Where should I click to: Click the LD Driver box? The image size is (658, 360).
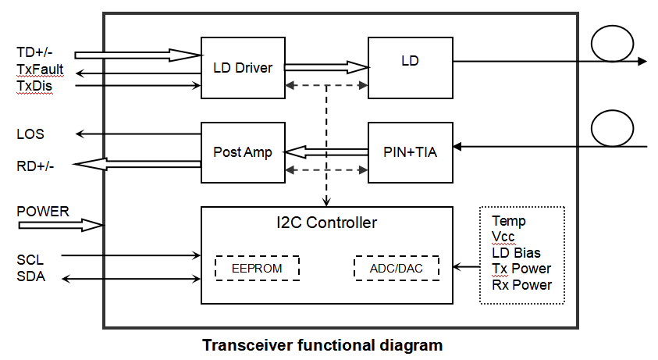pos(242,68)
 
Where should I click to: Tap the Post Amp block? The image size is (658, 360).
pos(242,152)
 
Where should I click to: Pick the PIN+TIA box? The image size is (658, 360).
pos(410,152)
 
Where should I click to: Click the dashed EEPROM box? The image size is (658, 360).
pos(257,269)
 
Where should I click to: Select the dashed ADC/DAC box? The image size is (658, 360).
pos(397,269)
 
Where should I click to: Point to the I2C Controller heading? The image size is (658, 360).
pos(326,223)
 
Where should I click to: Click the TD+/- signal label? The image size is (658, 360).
pos(34,53)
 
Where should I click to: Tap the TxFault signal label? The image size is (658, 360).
pos(40,70)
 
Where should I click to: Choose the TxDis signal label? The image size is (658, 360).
pos(34,85)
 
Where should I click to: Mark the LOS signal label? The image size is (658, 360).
pos(30,134)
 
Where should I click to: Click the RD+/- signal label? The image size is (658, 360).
pos(35,166)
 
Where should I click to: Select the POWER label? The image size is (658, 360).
pos(43,212)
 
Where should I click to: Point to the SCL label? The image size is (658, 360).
pos(30,259)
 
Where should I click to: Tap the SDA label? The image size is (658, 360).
pos(30,277)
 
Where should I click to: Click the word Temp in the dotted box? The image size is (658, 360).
pos(509,221)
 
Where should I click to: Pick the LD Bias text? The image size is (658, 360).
pos(516,253)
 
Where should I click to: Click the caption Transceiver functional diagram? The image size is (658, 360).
pos(322,344)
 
